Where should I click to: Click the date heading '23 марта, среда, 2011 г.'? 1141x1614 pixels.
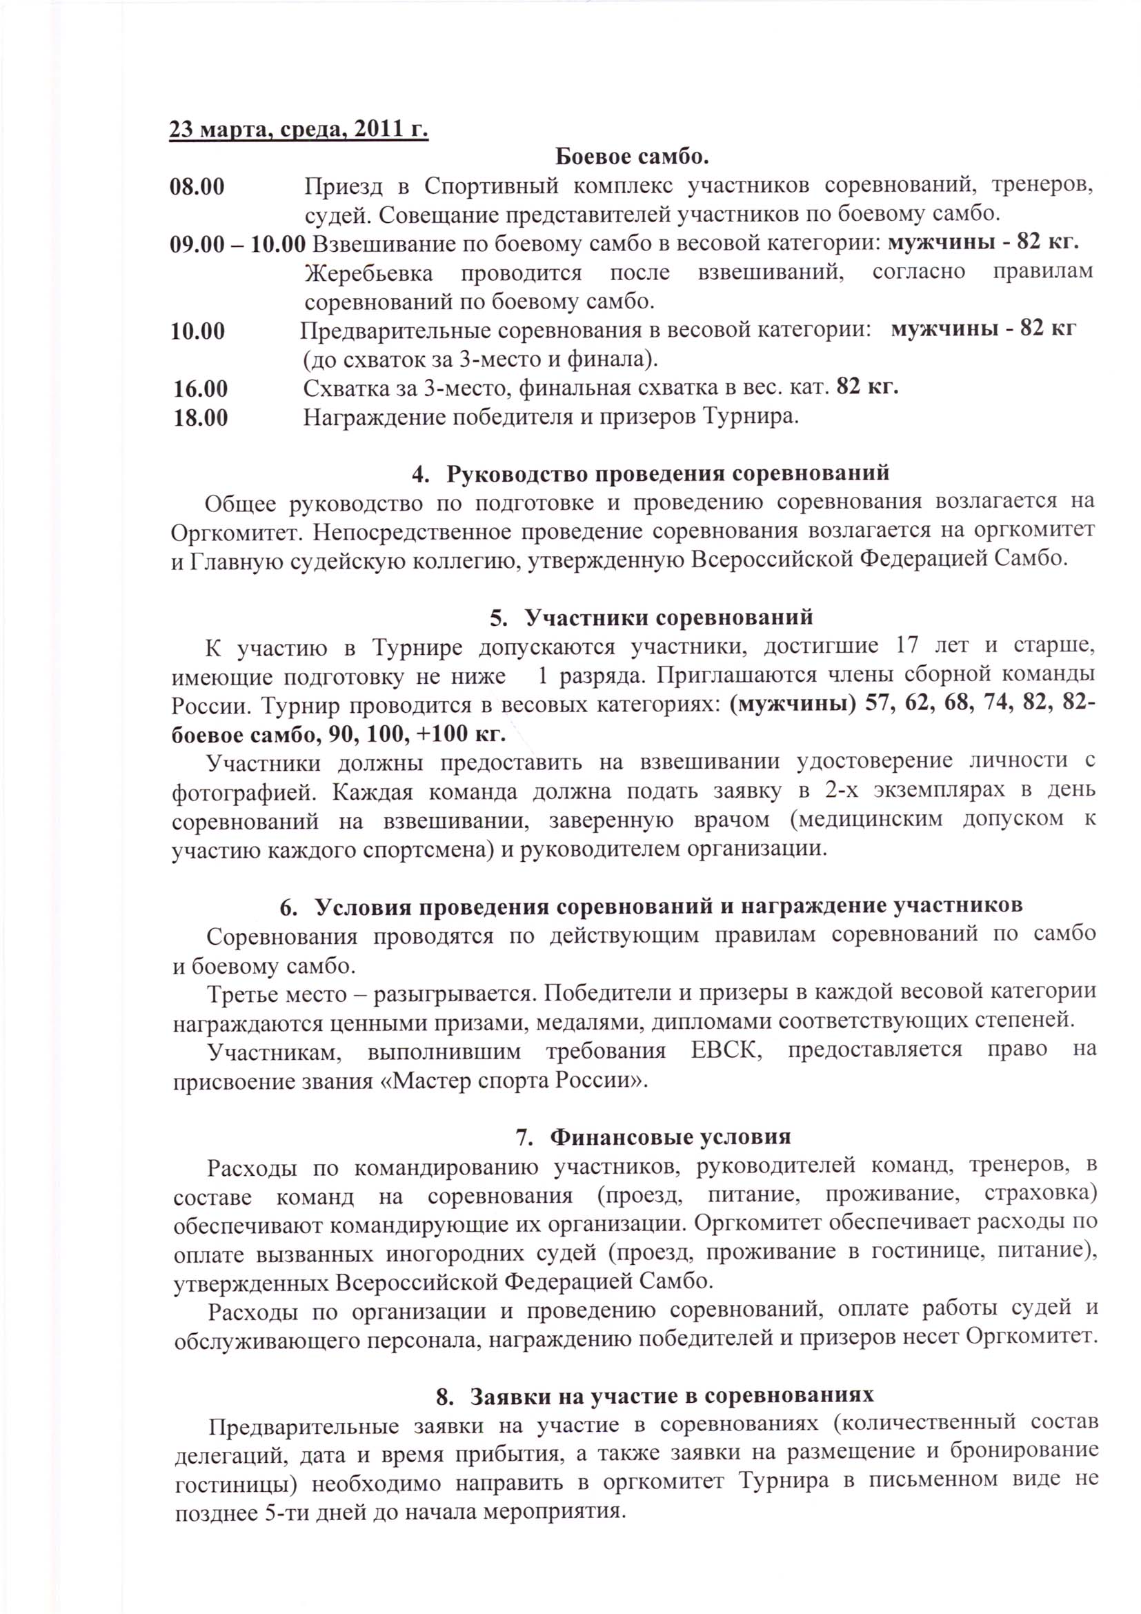[299, 130]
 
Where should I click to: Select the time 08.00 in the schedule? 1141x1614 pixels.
[197, 187]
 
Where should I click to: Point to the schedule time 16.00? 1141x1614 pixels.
[201, 388]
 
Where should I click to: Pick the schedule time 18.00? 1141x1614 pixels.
[201, 417]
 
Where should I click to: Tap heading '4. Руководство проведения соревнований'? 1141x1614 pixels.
[650, 473]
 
